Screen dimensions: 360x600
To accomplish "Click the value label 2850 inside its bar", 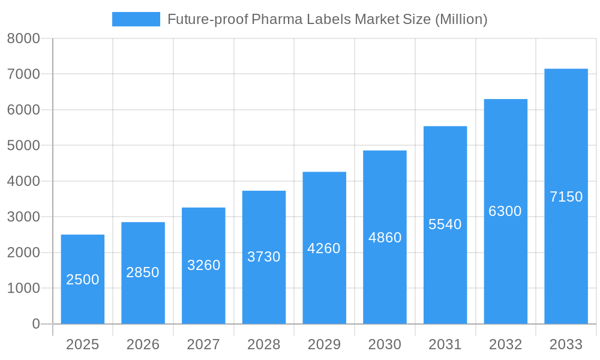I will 143,272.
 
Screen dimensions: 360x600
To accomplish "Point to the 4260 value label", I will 324,248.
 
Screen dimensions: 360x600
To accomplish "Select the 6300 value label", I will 505,211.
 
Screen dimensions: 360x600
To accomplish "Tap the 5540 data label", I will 445,224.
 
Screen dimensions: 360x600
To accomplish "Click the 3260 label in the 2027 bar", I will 203,265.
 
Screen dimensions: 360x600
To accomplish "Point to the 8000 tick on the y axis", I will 23,38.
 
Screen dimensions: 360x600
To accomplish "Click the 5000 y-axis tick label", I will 23,146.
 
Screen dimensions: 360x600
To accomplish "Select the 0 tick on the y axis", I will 35,324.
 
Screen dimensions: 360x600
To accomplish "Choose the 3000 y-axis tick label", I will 23,217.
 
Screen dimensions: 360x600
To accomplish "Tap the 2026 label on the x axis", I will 143,344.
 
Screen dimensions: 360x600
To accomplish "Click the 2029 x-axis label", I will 324,344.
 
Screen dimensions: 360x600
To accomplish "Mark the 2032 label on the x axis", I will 505,344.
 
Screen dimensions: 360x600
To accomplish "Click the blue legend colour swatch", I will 136,19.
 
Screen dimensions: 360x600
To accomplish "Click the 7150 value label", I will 566,197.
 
